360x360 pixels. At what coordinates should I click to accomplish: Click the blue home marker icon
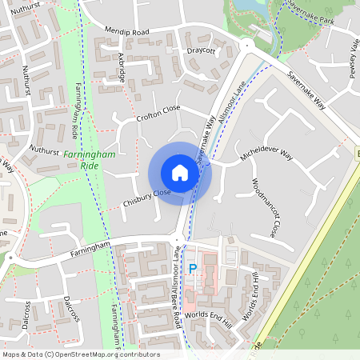tap(180, 173)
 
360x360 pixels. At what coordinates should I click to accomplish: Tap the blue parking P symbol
tap(192, 270)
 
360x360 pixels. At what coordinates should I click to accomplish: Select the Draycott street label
tap(201, 50)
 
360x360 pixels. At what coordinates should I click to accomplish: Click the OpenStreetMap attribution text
tap(81, 354)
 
